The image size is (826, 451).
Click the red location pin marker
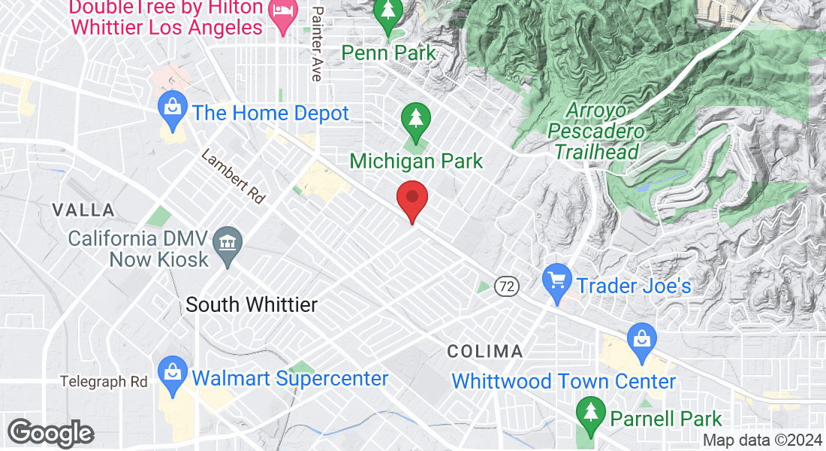click(411, 200)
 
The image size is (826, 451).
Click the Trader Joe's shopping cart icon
click(556, 283)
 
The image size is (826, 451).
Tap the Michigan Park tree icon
click(414, 120)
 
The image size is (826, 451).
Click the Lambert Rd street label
click(233, 177)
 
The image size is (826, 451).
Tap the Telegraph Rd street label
click(104, 382)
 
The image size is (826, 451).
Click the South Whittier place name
click(252, 304)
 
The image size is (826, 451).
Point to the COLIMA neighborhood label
click(485, 351)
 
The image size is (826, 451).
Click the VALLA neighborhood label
click(83, 210)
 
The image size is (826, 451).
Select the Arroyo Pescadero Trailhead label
click(596, 132)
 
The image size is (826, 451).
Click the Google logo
click(50, 434)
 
